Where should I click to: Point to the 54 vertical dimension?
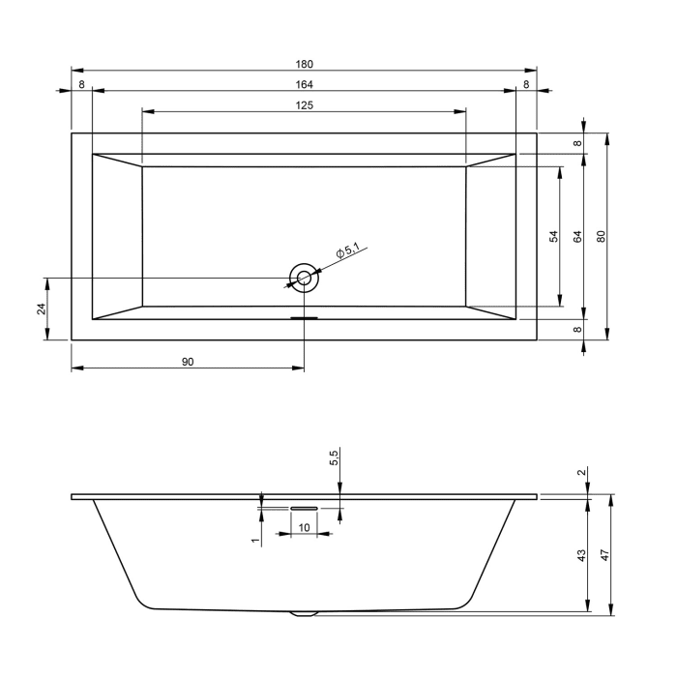tap(554, 236)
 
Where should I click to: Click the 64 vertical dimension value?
tap(577, 236)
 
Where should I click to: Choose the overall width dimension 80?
tap(601, 236)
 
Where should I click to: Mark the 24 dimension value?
tap(41, 309)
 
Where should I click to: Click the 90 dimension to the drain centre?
tap(189, 361)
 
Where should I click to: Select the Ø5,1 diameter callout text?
tap(347, 252)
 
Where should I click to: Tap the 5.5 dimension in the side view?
tap(334, 458)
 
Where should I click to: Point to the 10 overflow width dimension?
tap(304, 527)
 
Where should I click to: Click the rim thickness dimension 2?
tap(580, 473)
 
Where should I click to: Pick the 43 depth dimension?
tap(580, 555)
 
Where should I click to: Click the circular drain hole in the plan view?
tap(305, 278)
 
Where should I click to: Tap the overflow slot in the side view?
tap(304, 505)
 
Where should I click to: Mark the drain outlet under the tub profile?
tap(304, 612)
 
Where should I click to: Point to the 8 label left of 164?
tap(81, 85)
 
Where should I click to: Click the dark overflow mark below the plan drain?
tap(305, 315)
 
